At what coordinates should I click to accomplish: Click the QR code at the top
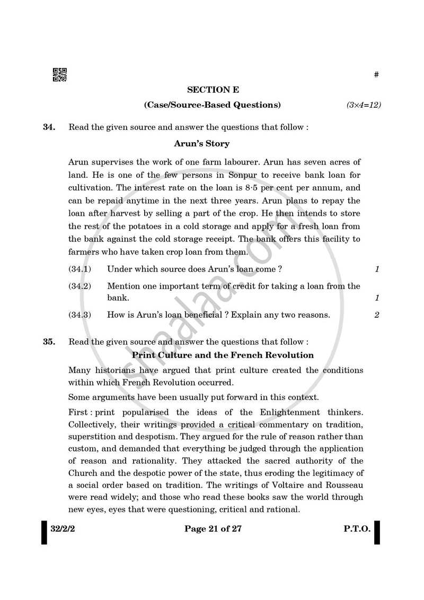point(59,75)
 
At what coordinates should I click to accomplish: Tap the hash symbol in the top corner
point(376,75)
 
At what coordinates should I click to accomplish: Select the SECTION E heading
point(212,90)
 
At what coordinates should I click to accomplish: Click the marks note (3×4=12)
point(364,105)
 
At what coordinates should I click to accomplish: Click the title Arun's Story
point(201,144)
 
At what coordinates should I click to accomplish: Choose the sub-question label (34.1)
point(79,269)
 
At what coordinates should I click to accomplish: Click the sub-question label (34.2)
point(79,286)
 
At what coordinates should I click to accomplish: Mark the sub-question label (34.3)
point(79,315)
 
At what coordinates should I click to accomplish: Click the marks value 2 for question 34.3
point(376,315)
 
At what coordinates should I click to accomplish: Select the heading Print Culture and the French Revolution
point(223,355)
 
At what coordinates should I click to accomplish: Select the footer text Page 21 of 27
point(213,529)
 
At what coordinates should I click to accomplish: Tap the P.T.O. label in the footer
point(355,529)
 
